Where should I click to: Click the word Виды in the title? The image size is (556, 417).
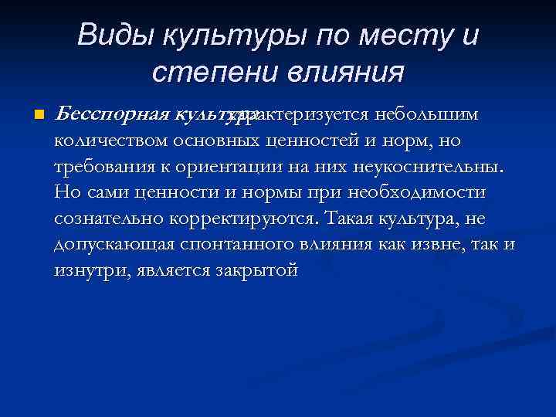point(107,36)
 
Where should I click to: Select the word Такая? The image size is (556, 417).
point(351,219)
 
